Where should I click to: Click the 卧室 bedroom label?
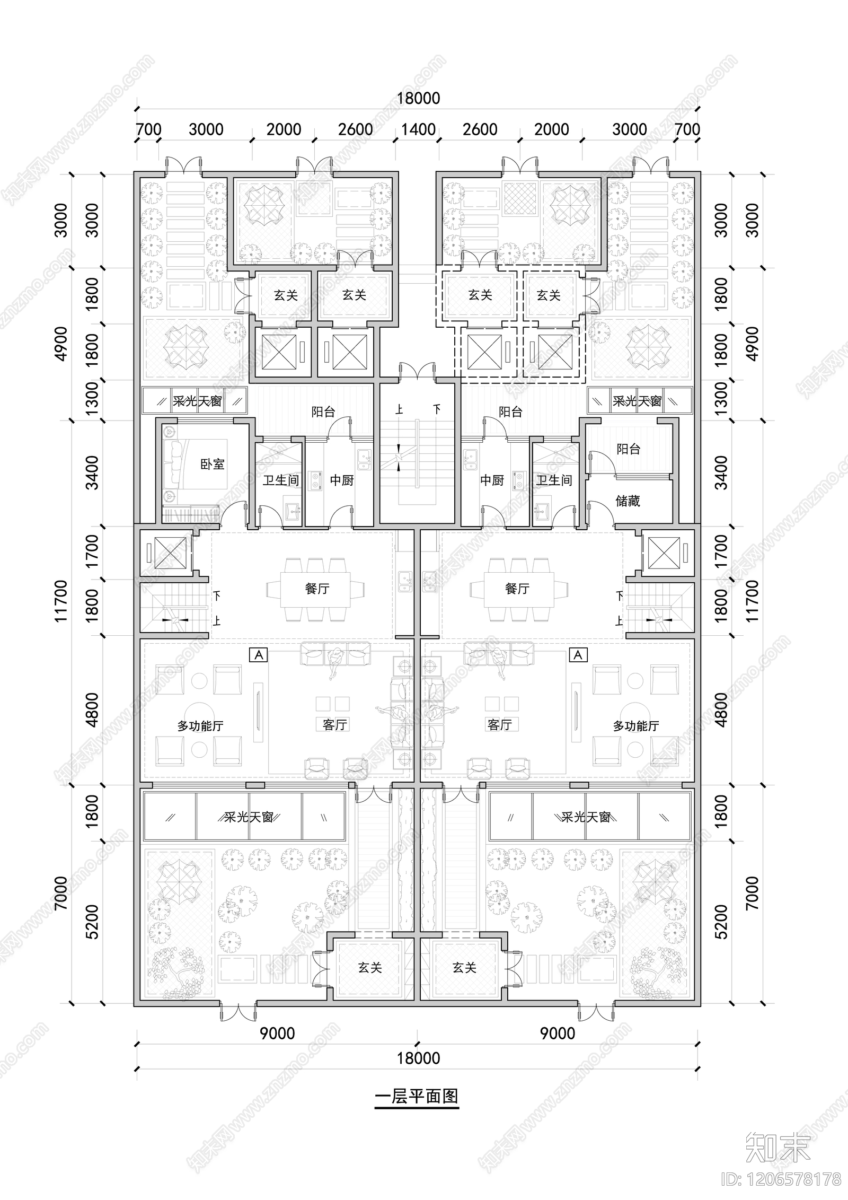coord(212,465)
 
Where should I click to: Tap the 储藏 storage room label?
coord(628,501)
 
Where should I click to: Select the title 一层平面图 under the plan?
coord(417,1096)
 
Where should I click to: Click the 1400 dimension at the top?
coord(418,129)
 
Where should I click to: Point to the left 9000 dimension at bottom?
coord(277,1033)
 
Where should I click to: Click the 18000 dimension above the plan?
coord(418,99)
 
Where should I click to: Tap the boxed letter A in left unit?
coord(259,655)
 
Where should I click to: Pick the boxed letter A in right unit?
coord(578,655)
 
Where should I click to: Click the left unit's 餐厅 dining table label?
coord(317,589)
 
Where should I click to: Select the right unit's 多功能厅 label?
coord(635,726)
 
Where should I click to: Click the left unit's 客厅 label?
coord(335,724)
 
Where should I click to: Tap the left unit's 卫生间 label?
coord(281,480)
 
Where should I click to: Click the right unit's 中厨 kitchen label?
coord(492,480)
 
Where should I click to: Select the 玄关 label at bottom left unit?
coord(369,968)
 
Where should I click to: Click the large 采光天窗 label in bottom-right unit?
coord(586,817)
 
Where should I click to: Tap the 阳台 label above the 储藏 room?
coord(628,449)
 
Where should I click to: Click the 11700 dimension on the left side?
coord(61,601)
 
